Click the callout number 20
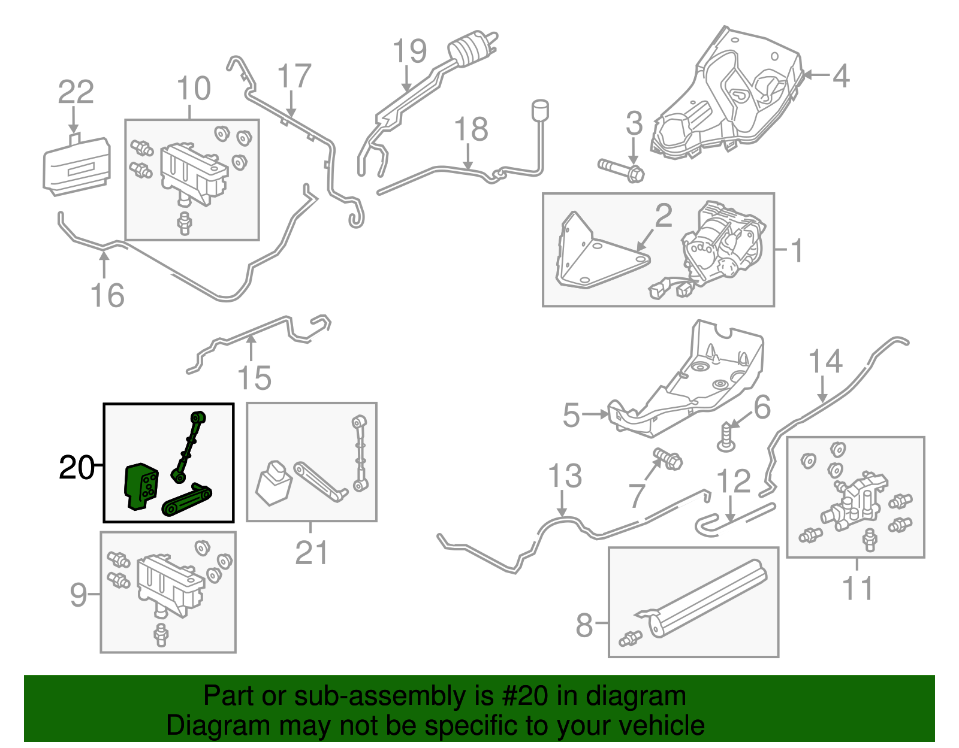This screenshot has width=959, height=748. (x=76, y=468)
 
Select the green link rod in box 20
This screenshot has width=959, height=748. (x=188, y=447)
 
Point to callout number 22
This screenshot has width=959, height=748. (x=76, y=92)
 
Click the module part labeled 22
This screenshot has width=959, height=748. (x=76, y=166)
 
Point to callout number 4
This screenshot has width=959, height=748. (x=841, y=76)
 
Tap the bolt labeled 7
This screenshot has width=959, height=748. (x=668, y=459)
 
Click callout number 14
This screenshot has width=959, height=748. (x=825, y=362)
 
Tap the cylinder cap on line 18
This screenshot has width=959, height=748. (x=541, y=110)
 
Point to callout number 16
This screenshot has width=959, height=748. (x=107, y=295)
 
